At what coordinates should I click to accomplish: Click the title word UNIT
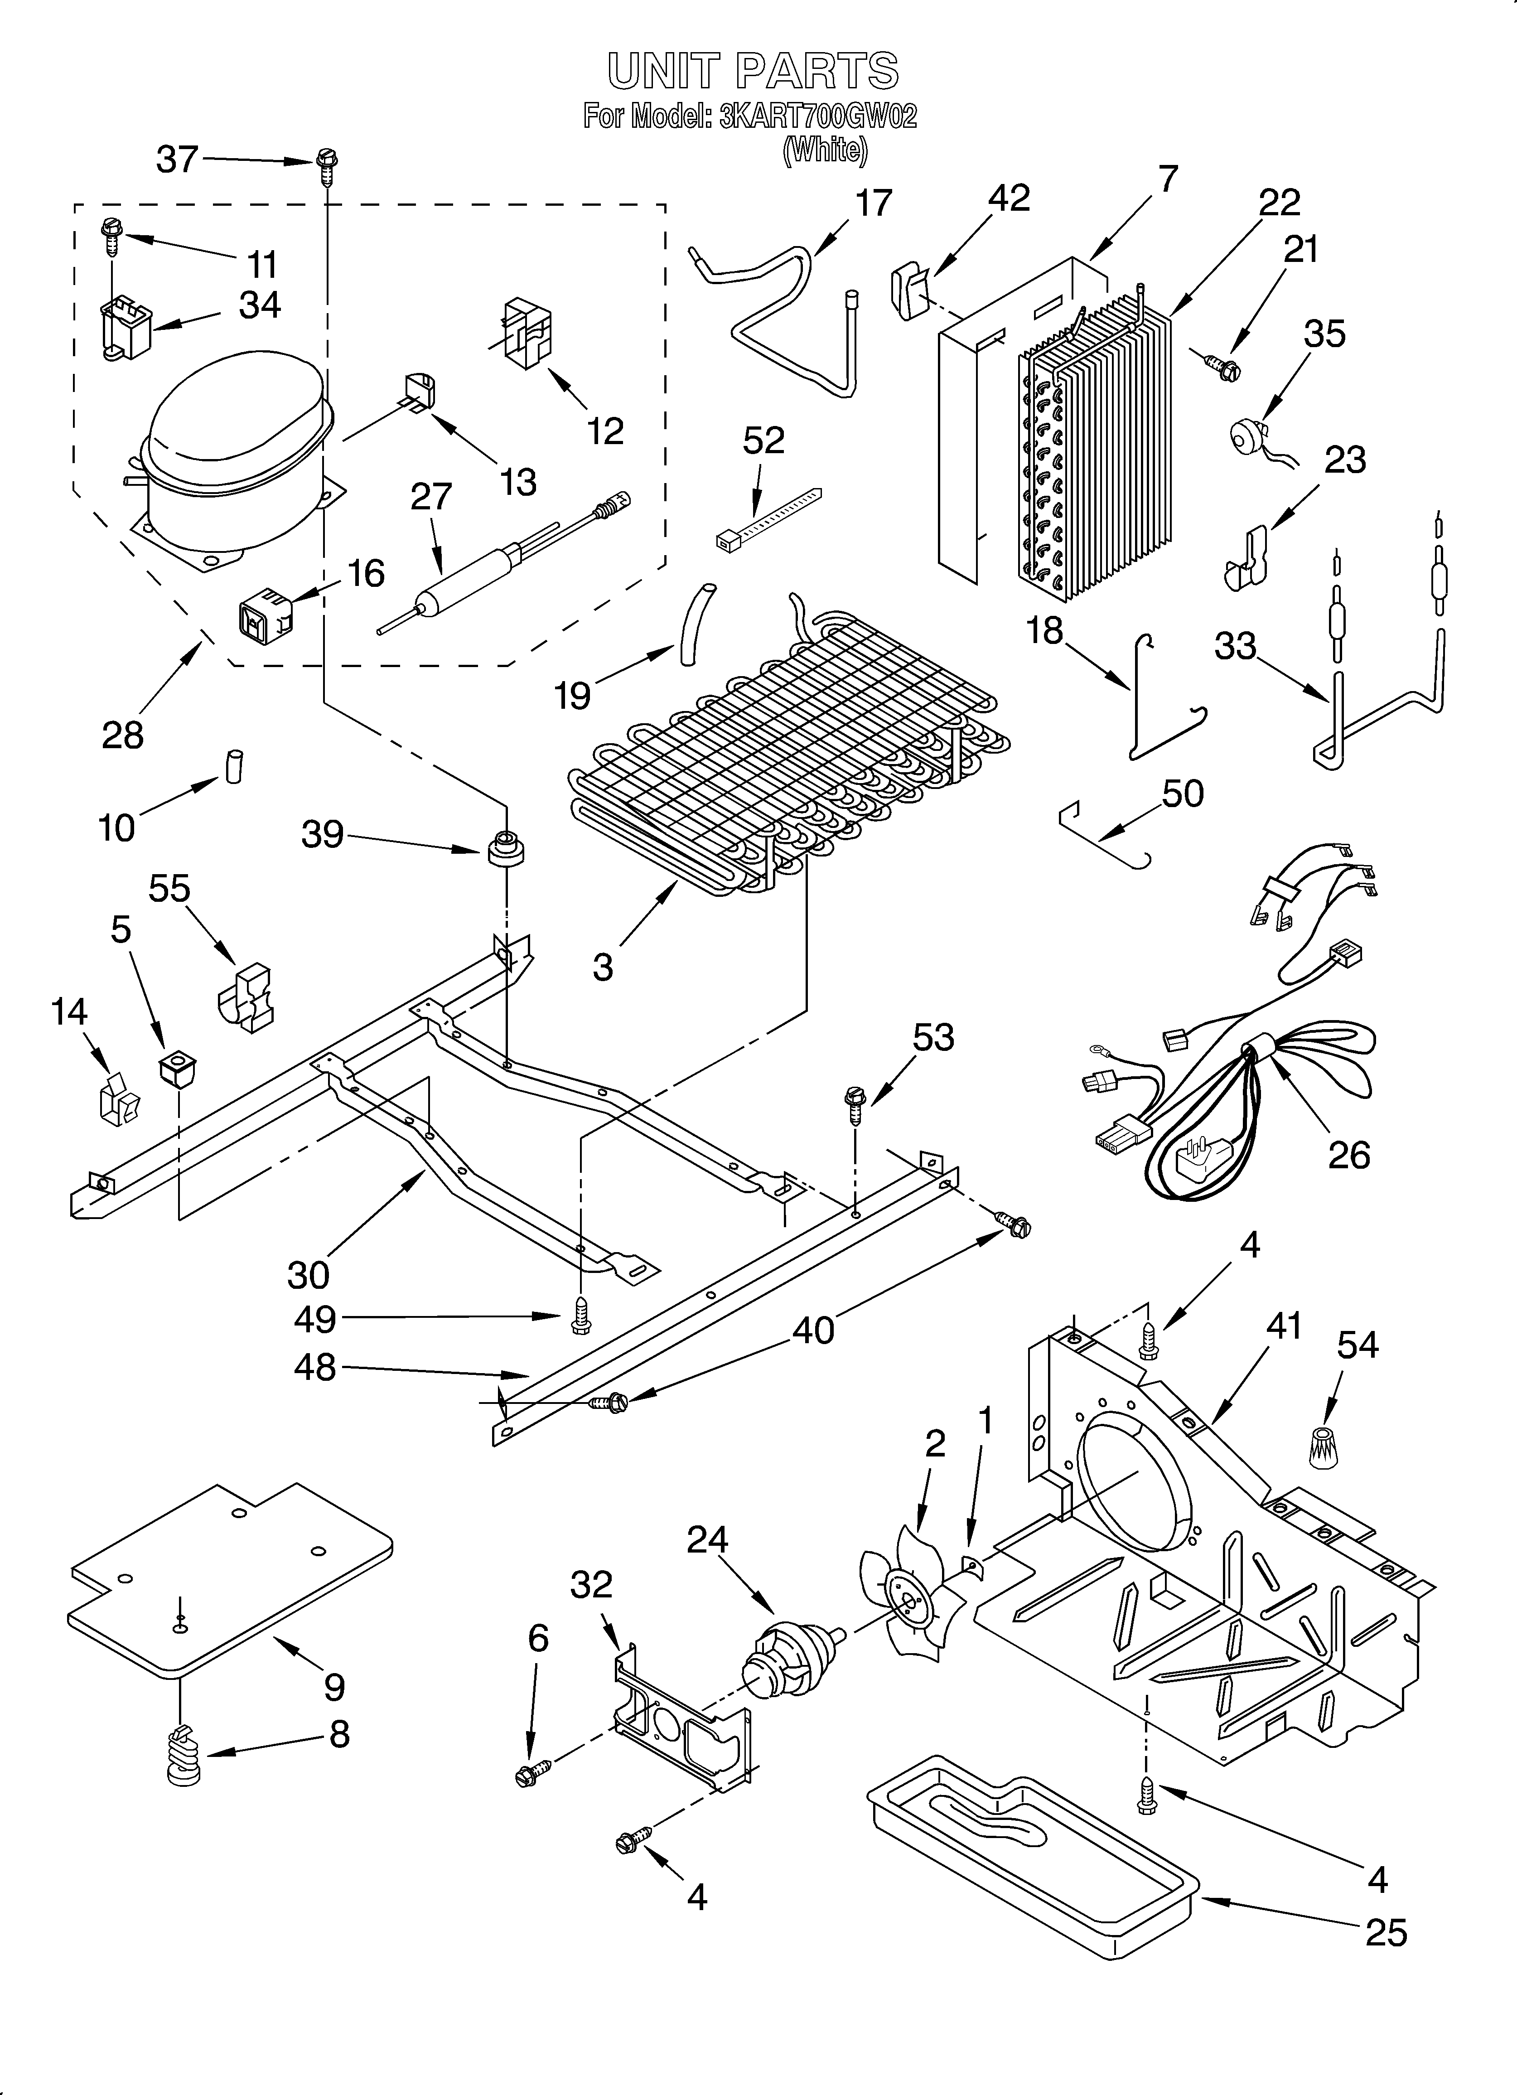[x=662, y=71]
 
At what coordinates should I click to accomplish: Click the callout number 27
[x=430, y=497]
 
